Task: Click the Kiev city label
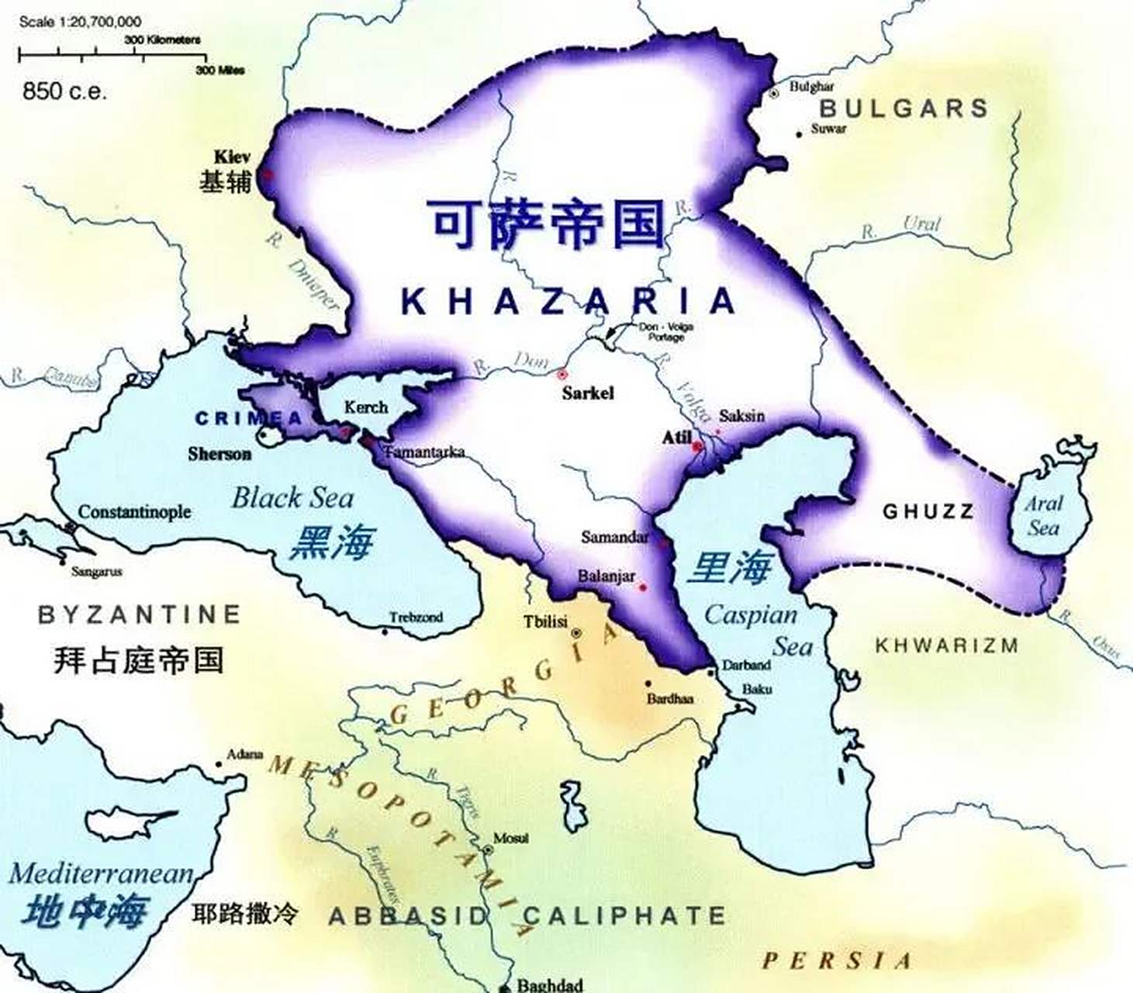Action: (x=232, y=156)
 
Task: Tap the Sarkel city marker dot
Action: (x=562, y=374)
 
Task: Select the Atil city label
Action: (x=676, y=438)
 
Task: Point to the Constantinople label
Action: (x=134, y=512)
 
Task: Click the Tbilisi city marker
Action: (x=576, y=633)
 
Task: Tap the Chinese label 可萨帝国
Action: (x=548, y=225)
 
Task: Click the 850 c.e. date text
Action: (x=65, y=92)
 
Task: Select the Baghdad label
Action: (x=549, y=985)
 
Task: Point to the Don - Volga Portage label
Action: (x=665, y=332)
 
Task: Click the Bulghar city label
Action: (x=811, y=87)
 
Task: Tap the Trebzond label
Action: (x=416, y=618)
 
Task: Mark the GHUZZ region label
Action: (x=927, y=511)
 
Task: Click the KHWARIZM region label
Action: (x=946, y=645)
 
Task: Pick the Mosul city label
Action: (x=511, y=839)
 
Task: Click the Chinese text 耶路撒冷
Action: (x=244, y=914)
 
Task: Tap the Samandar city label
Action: (x=614, y=537)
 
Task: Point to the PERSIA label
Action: (x=836, y=961)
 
